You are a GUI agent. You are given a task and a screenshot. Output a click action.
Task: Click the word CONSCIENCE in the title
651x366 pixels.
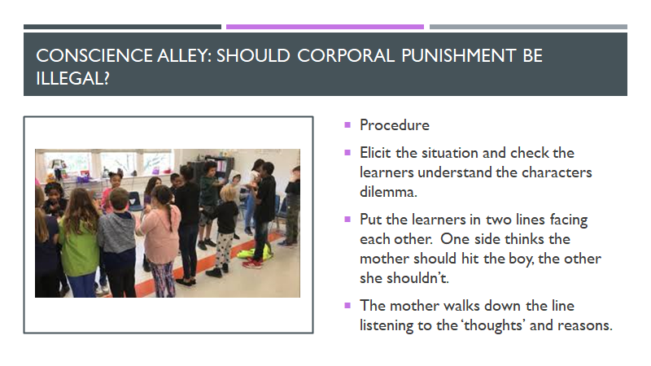click(94, 55)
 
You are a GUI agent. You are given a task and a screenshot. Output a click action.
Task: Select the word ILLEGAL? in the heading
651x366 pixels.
click(72, 78)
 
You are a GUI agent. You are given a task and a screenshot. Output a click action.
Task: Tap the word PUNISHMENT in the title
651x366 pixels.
click(458, 55)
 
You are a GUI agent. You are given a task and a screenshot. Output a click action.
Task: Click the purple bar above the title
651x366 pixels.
click(325, 27)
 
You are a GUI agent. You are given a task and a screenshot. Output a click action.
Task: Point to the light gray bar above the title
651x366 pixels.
click(528, 27)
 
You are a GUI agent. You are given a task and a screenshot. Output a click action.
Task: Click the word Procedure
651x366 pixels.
click(395, 125)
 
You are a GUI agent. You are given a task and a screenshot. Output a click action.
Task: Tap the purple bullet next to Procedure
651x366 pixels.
click(347, 124)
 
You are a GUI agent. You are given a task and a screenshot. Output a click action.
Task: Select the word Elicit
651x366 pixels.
click(375, 153)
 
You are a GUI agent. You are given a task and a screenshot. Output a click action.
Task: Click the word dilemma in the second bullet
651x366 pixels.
click(388, 192)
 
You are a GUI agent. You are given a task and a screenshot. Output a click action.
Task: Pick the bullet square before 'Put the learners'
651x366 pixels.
click(347, 219)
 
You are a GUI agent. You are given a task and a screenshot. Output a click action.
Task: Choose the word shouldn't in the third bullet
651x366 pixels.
click(417, 278)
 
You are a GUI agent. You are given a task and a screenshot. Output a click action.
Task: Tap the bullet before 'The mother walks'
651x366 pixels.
click(347, 306)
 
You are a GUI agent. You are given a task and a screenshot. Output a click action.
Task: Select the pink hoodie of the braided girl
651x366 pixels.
click(160, 234)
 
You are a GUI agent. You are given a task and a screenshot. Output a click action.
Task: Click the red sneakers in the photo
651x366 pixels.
click(253, 263)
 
